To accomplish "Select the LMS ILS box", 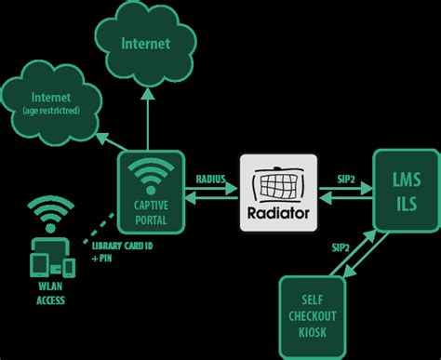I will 405,191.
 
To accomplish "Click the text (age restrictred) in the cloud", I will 52,112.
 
